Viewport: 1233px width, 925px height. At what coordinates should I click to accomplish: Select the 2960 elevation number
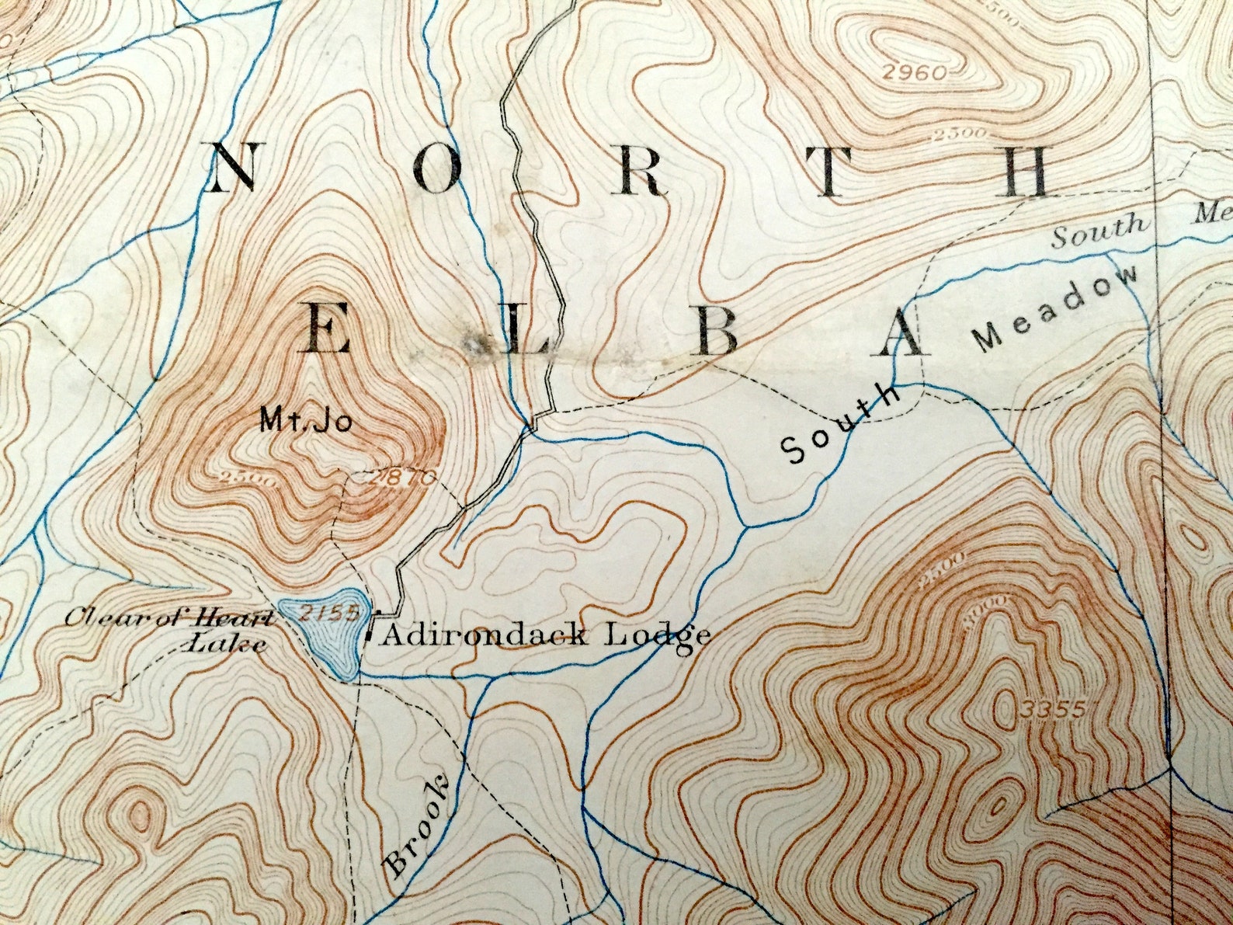point(916,74)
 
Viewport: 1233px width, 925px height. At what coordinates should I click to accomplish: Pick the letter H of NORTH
point(1026,172)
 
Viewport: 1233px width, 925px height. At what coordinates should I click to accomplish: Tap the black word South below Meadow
point(840,425)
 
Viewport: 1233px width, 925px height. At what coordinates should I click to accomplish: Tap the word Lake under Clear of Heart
point(228,645)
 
